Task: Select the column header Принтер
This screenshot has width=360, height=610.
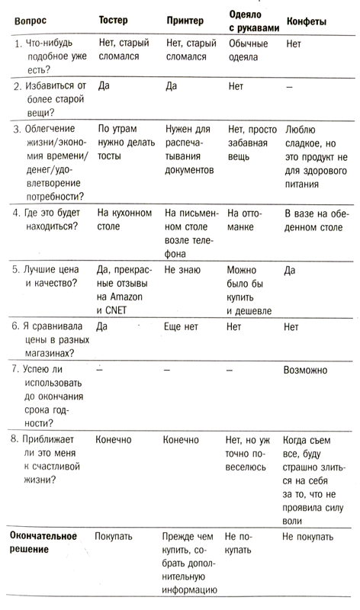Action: click(184, 21)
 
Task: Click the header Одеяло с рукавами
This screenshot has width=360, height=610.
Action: click(254, 21)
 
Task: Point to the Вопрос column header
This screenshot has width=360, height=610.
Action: click(30, 21)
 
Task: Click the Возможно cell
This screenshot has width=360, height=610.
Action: click(305, 370)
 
